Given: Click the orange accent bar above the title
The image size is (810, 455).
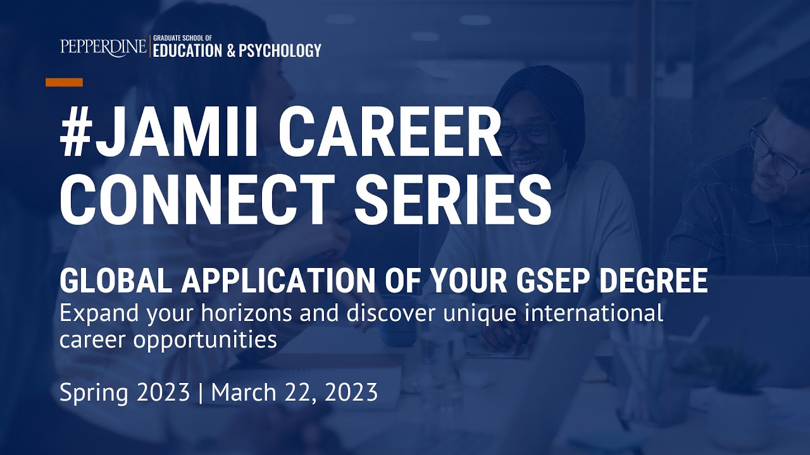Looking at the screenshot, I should point(64,82).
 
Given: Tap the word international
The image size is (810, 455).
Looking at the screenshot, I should point(592,313).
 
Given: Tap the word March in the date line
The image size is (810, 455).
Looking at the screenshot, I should point(244,393).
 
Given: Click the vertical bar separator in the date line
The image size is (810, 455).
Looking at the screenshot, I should point(201,393).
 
